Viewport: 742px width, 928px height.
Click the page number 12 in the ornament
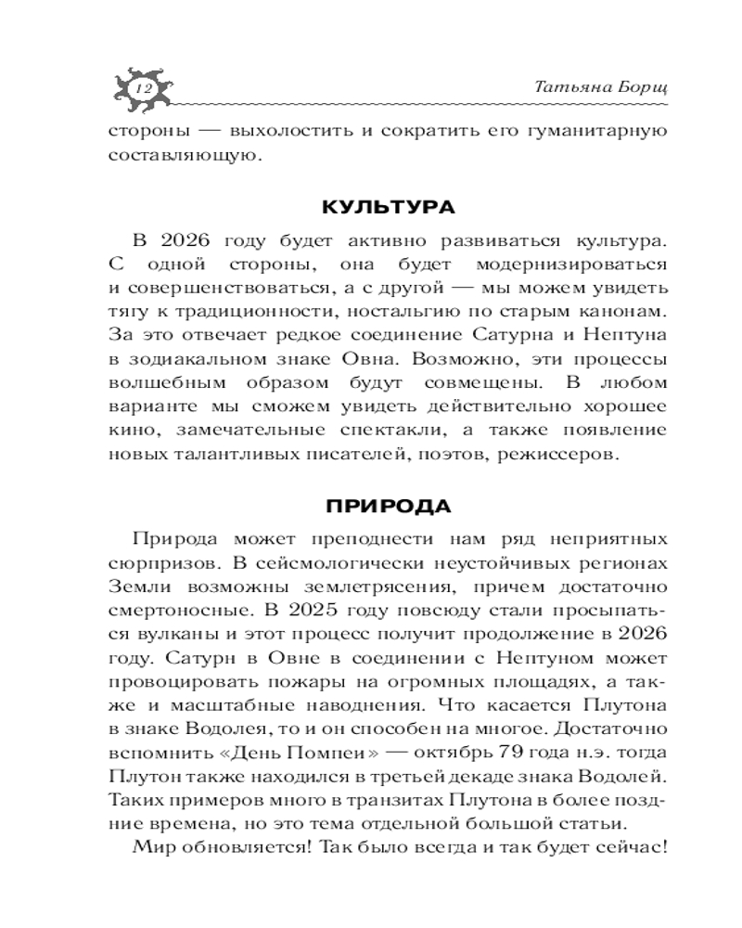[143, 86]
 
